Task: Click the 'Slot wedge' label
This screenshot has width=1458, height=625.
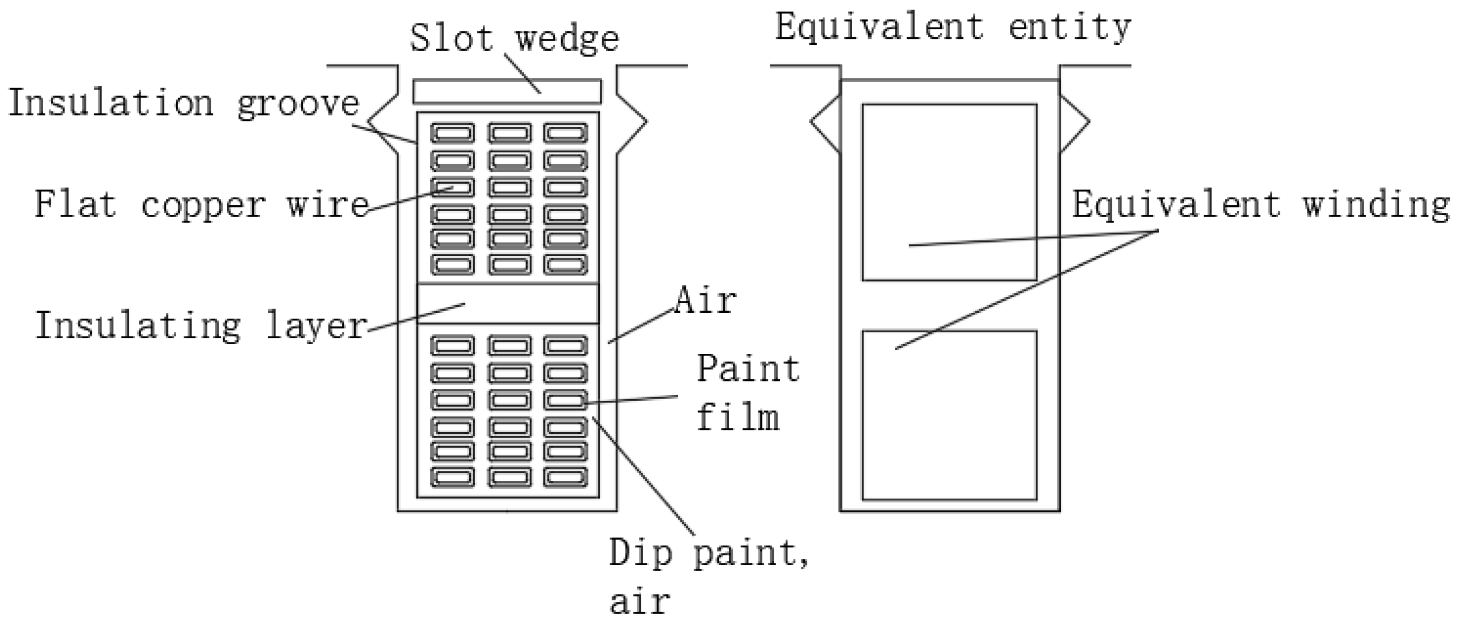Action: pos(514,38)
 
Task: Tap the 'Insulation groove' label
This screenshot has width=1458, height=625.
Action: pos(184,104)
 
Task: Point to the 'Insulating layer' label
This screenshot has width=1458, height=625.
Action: pos(201,326)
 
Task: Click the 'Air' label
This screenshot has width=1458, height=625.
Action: pos(706,300)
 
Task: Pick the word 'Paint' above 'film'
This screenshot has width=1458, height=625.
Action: pos(748,369)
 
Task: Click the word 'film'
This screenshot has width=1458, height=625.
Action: pos(738,418)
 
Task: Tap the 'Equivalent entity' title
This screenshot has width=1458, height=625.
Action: pos(953,26)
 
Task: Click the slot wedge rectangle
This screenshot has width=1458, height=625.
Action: pos(507,92)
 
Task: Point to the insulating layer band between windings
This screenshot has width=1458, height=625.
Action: pos(508,304)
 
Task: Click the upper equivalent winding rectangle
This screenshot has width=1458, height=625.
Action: pos(949,192)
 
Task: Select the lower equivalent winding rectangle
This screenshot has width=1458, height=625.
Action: pos(949,415)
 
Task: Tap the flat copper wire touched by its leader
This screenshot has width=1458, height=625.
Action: pos(453,187)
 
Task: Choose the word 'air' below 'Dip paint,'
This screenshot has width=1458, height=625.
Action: pos(639,601)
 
